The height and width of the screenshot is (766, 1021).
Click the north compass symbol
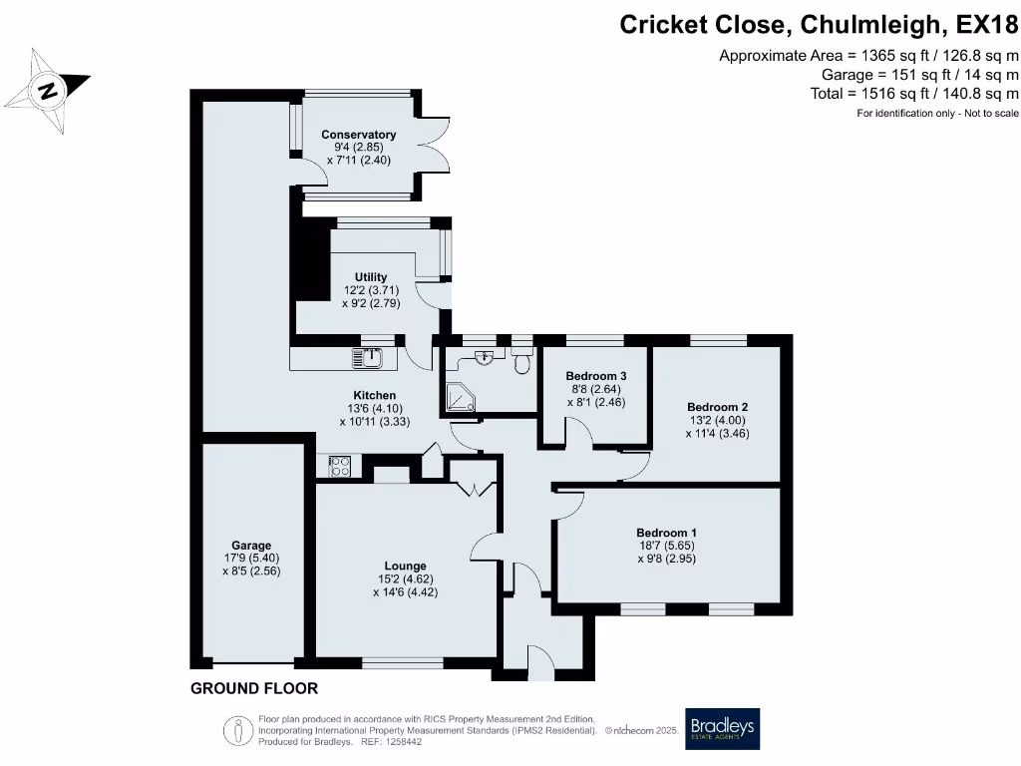47,90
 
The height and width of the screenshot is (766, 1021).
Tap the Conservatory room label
358,135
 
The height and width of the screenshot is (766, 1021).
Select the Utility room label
371,277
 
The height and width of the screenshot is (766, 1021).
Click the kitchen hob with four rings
339,465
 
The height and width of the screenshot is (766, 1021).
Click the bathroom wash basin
486,357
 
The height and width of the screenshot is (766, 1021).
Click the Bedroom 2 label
717,407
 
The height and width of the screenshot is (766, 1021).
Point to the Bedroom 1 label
667,533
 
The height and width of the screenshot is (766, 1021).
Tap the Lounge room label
405,566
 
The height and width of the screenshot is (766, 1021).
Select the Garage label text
252,546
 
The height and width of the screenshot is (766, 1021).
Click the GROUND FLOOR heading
254,688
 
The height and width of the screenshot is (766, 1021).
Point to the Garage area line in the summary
919,75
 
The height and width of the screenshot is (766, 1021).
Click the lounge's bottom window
403,661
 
